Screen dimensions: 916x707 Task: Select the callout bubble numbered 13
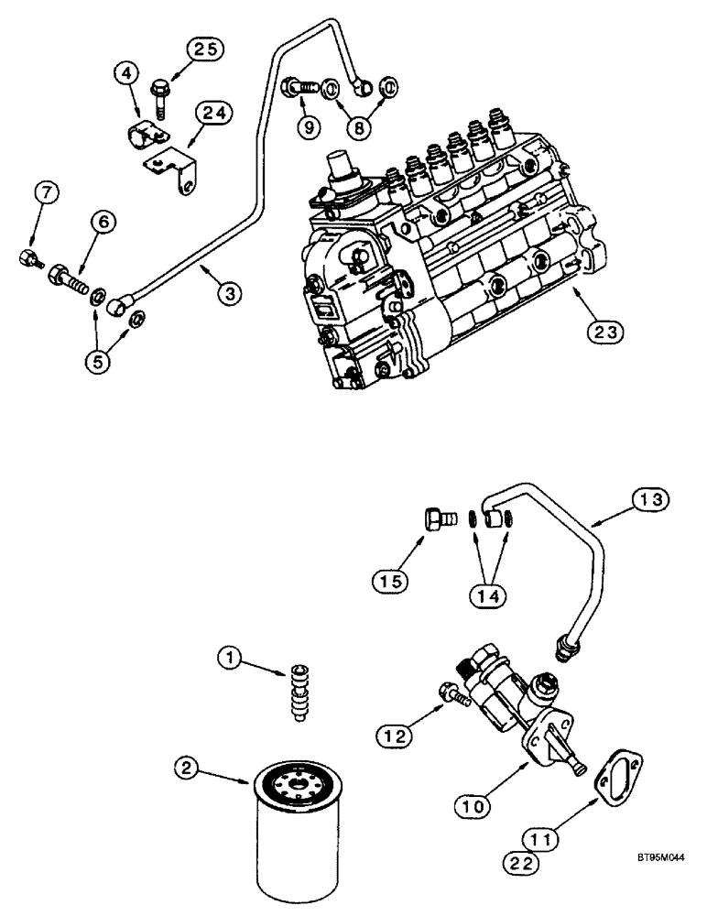[649, 499]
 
